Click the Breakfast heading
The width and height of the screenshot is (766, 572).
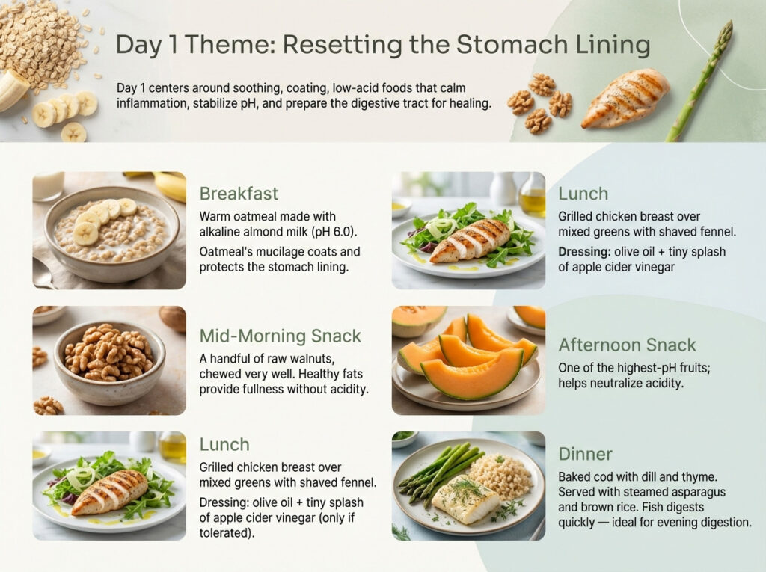point(238,194)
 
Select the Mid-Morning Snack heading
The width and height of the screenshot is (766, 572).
point(280,336)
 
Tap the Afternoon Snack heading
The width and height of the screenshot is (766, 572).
point(627,345)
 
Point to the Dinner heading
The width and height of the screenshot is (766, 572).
point(585,454)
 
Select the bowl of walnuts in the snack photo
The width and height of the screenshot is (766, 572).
point(108,355)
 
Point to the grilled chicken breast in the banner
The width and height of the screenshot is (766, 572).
point(625,98)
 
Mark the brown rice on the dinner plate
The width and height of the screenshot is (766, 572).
point(502,476)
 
